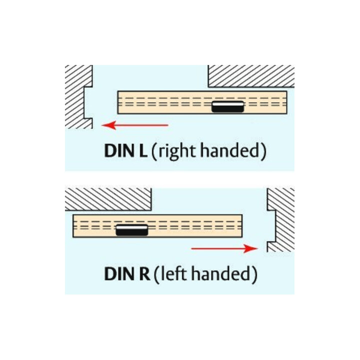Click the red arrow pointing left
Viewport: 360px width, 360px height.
point(135,125)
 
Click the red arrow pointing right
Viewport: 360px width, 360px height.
point(224,248)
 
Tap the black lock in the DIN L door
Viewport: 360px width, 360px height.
point(227,107)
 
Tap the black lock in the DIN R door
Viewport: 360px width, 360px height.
point(132,230)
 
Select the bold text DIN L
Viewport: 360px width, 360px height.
point(126,151)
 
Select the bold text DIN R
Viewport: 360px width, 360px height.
point(127,274)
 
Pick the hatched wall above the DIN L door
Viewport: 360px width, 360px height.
point(251,76)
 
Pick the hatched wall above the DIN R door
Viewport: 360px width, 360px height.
point(108,199)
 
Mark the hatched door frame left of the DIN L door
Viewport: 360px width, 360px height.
point(77,96)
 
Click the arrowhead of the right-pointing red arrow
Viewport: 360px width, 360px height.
point(251,248)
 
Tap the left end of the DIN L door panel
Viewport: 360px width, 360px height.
point(118,102)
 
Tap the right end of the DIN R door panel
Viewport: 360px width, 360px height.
point(242,226)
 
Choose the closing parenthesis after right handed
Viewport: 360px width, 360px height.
point(263,151)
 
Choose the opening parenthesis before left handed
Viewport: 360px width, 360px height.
point(156,275)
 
